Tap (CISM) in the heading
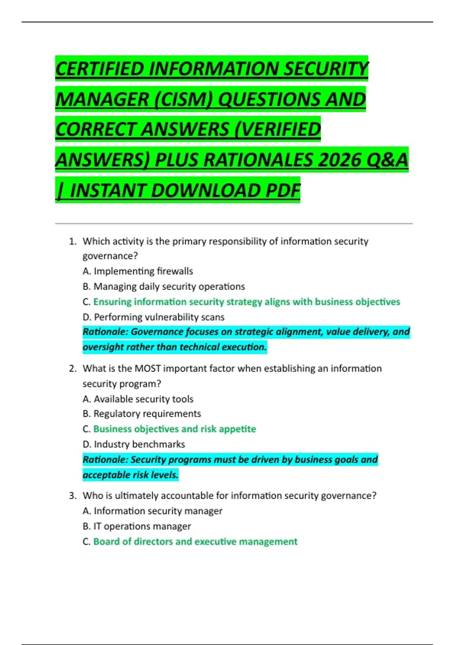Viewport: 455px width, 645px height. point(183,99)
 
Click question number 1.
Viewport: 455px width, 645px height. point(72,241)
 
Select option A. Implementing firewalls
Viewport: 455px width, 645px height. point(138,271)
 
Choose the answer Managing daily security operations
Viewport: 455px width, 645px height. point(169,286)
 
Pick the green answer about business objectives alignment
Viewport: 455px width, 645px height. point(246,302)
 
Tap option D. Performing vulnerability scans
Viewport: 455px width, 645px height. point(154,317)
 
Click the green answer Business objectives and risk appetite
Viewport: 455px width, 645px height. point(174,429)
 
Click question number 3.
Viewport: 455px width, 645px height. point(72,496)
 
